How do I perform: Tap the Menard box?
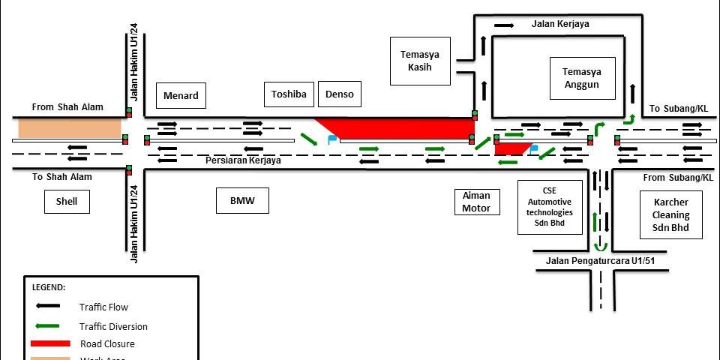coord(181,95)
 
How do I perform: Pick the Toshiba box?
coord(289,94)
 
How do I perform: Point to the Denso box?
coord(340,94)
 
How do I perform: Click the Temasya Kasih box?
coord(419,61)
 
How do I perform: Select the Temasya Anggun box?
coord(582,78)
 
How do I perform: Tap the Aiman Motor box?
coord(476,202)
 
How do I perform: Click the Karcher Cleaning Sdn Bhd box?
coord(670,214)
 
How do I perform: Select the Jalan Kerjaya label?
coord(560,24)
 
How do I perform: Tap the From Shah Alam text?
coord(67,107)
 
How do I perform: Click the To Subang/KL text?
coord(678,109)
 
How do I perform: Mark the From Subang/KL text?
coord(679,178)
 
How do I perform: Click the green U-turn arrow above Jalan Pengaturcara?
coord(598,245)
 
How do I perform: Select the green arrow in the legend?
coord(49,325)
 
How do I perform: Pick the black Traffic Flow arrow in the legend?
coord(49,306)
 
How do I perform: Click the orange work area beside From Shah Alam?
coord(70,128)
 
